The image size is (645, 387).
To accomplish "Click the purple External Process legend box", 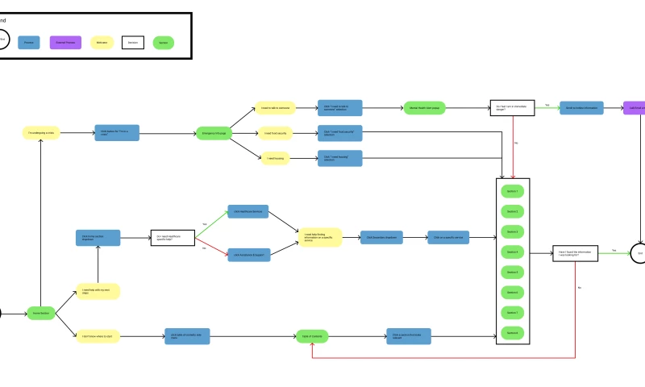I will click(x=65, y=42).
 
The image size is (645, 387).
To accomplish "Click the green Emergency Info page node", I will click(x=214, y=131).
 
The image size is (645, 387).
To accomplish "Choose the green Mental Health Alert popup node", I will click(x=425, y=106).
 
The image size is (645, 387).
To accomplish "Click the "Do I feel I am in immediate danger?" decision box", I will click(x=512, y=106).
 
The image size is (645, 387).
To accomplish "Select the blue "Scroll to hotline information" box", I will click(x=581, y=106).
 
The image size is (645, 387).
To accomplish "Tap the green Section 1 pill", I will click(x=512, y=191).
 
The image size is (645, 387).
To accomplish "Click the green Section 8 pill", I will click(x=512, y=332).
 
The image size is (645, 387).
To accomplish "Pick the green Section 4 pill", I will click(x=512, y=252).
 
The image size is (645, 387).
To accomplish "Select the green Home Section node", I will click(x=42, y=312).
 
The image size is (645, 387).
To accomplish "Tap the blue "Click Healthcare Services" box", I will click(x=248, y=211).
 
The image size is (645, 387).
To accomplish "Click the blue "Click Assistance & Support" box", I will click(x=248, y=255).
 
